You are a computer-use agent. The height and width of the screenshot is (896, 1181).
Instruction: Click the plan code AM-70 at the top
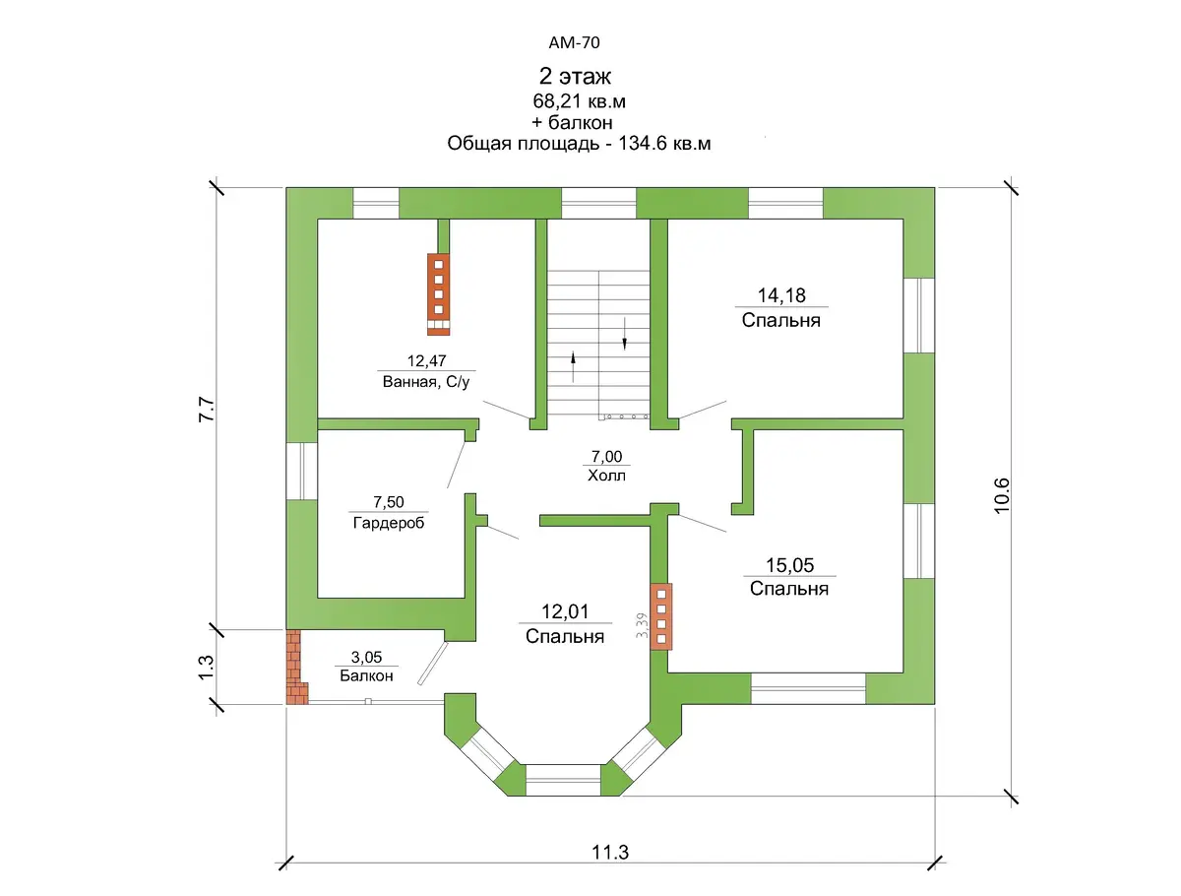[574, 42]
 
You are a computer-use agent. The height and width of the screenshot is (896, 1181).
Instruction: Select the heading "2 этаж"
[575, 77]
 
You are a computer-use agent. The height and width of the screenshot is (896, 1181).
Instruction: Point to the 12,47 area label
[426, 360]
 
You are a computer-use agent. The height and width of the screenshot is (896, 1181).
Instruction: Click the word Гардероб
[389, 523]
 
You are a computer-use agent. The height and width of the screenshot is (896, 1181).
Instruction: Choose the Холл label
[606, 476]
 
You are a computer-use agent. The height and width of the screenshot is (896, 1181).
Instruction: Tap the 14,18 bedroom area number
[781, 295]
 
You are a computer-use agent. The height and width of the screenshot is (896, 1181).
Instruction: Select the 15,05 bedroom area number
[789, 565]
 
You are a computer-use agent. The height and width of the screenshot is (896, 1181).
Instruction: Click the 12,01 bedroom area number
[565, 611]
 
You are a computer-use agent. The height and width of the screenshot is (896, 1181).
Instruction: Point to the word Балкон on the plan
[366, 675]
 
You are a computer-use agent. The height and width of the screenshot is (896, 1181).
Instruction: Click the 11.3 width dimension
[610, 853]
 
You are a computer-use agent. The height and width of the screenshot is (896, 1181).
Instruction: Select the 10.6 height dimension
[1002, 495]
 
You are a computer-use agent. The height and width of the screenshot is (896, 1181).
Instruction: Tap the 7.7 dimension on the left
[207, 410]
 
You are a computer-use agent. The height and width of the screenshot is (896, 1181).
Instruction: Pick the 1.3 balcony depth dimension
[207, 668]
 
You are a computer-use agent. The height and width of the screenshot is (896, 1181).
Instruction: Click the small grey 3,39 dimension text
[642, 625]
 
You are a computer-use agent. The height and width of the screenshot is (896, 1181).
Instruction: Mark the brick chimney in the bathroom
[438, 293]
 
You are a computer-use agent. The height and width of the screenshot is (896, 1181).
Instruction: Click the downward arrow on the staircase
[624, 334]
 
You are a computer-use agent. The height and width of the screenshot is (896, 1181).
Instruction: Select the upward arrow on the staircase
[573, 366]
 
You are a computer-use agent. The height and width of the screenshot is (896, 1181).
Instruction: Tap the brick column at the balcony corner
[296, 667]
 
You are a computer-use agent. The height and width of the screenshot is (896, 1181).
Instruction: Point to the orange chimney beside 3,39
[661, 616]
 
